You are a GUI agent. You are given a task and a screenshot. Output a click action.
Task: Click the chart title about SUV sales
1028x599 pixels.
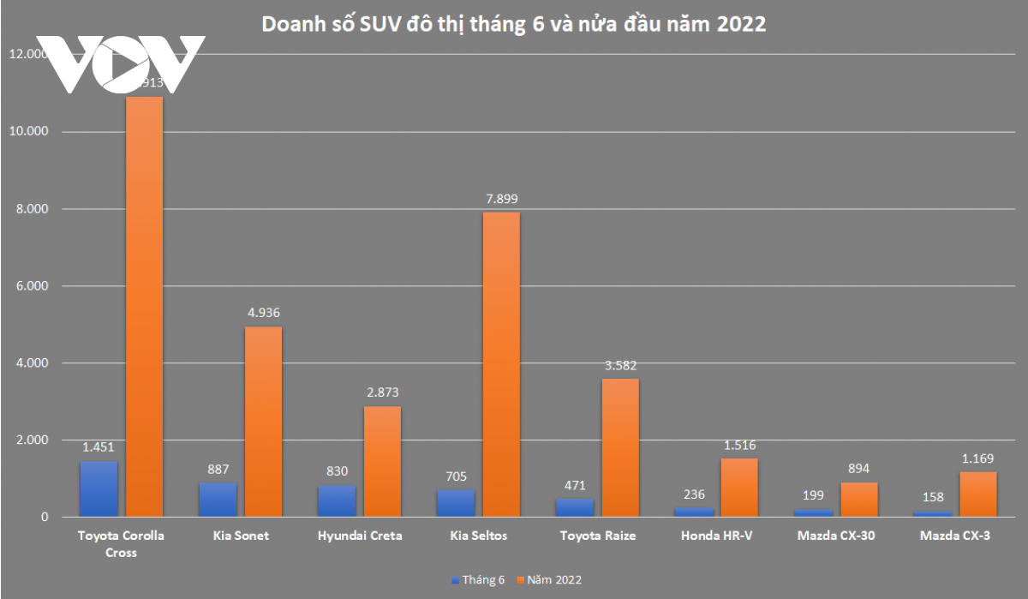(513, 24)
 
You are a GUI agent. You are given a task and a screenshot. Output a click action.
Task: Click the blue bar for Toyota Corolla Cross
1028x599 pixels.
(99, 488)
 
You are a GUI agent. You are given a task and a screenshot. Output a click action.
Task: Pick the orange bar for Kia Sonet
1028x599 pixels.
(262, 422)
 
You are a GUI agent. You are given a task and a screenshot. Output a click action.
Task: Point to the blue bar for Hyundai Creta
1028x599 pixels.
(337, 500)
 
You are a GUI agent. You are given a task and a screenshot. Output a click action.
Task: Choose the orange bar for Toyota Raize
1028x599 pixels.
(619, 447)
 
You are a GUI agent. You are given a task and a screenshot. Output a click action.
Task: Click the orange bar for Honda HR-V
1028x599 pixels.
(738, 487)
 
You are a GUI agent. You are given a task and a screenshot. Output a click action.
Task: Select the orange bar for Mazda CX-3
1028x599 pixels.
(977, 494)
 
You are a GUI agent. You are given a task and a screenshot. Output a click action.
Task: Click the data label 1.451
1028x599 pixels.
(99, 446)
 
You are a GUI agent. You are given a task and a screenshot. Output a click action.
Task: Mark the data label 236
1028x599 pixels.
(694, 494)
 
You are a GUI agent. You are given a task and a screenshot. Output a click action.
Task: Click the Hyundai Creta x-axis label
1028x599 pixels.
(359, 536)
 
